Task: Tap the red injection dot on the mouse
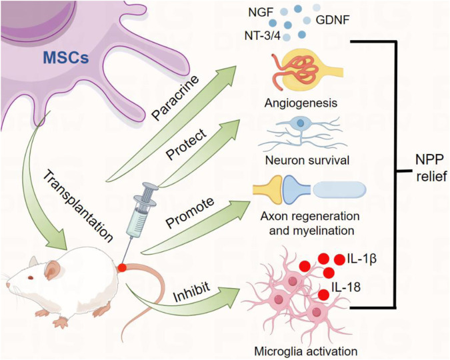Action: pos(123,268)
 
